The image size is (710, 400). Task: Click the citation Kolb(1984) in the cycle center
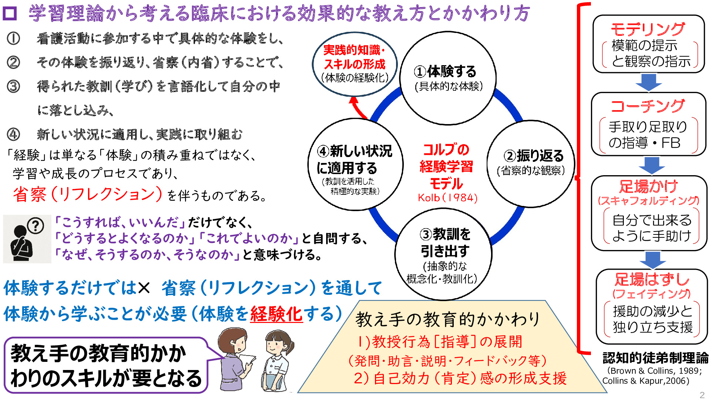[x=447, y=198]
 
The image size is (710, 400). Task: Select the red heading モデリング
[x=648, y=29]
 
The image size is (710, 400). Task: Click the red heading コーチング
[x=648, y=106]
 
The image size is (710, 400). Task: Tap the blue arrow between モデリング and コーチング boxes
[x=649, y=82]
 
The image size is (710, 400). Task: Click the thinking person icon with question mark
[x=27, y=239]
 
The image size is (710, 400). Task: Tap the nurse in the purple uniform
[x=235, y=359]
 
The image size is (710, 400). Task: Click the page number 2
[x=702, y=394]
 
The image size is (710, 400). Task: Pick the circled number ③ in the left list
[x=13, y=86]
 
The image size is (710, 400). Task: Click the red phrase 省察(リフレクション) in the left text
[x=88, y=194]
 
